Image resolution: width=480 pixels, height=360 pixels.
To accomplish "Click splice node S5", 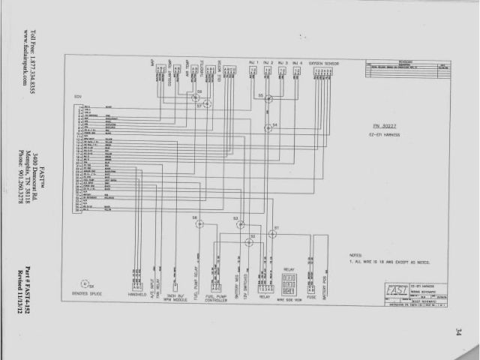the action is point(268,98).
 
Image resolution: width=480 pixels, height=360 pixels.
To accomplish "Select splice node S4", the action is point(268,128).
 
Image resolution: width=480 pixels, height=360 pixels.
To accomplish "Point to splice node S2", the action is point(249,242).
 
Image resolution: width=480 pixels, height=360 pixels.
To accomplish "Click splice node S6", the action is point(199,224).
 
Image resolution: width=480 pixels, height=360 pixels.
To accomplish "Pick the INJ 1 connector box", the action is point(252,71).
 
